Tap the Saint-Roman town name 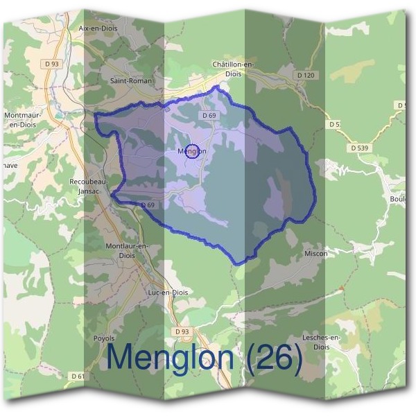pos(131,80)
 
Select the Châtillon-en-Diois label pos(234,69)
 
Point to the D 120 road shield pos(305,74)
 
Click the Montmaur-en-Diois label pos(21,119)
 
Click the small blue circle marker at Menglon pos(193,150)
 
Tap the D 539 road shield pos(360,148)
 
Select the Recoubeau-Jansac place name pos(87,186)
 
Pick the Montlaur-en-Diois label pos(126,250)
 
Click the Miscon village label pos(315,254)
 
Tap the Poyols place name pos(103,338)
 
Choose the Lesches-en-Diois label pos(322,341)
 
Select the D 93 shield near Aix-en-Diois pos(52,64)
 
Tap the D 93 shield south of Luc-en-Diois pos(182,332)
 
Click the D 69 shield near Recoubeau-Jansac pos(147,205)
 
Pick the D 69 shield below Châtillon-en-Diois pos(211,116)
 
